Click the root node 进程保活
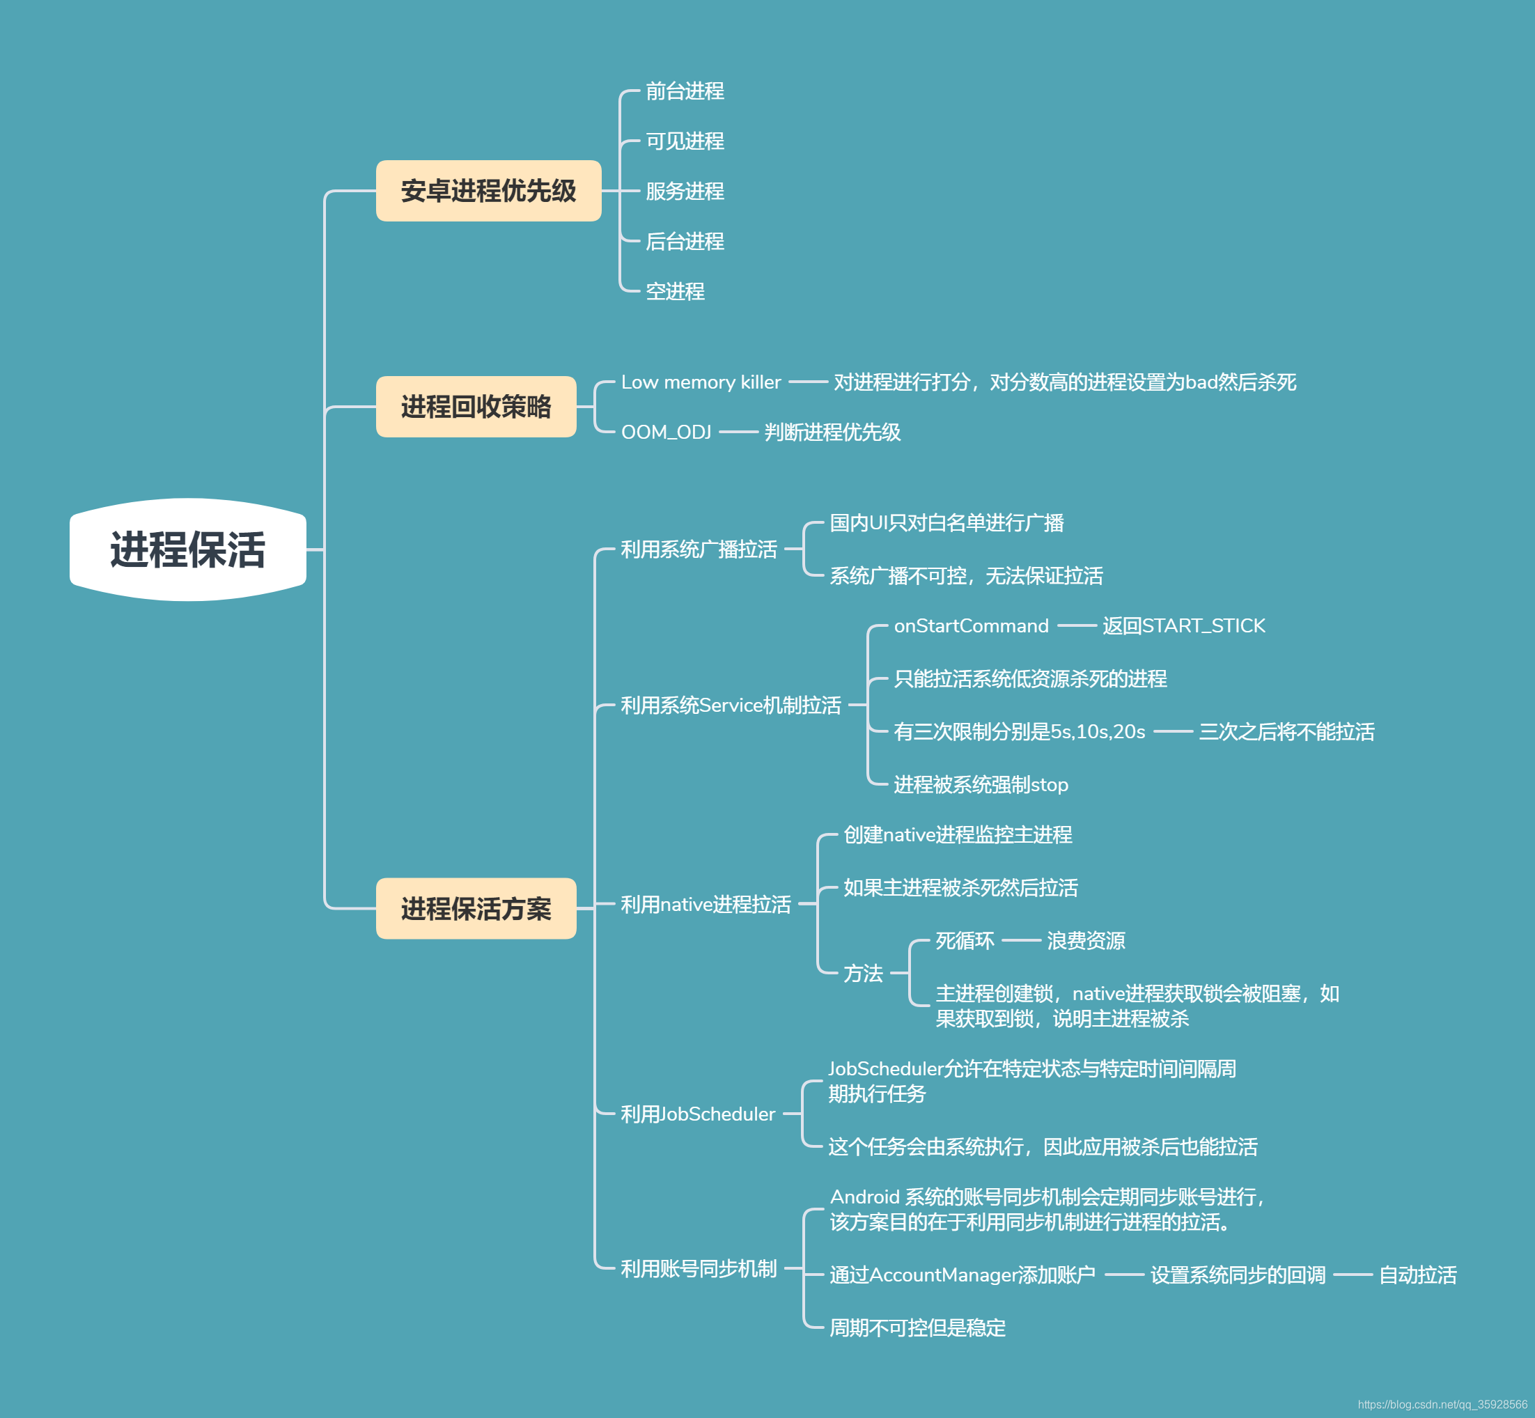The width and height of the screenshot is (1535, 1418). pyautogui.click(x=188, y=550)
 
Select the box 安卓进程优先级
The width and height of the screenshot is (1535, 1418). pyautogui.click(x=488, y=191)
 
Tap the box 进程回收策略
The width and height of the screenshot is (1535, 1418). pyautogui.click(x=476, y=407)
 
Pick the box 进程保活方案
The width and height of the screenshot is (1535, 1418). pyautogui.click(x=476, y=908)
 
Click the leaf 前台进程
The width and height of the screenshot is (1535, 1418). pyautogui.click(x=684, y=91)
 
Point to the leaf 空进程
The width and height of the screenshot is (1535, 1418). pyautogui.click(x=674, y=292)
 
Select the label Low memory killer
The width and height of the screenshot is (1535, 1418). pyautogui.click(x=701, y=382)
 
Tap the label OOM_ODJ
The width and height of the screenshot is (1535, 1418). pyautogui.click(x=666, y=432)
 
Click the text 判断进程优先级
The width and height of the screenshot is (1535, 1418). pyautogui.click(x=832, y=432)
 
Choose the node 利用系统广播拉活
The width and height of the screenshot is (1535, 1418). pyautogui.click(x=698, y=550)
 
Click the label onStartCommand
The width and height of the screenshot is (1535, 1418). pyautogui.click(x=970, y=626)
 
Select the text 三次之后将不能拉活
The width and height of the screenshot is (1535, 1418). pyautogui.click(x=1286, y=732)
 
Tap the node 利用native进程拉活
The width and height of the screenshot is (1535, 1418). pyautogui.click(x=705, y=905)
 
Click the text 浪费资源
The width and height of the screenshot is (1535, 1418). pyautogui.click(x=1086, y=941)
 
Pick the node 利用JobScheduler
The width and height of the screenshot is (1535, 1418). pyautogui.click(x=697, y=1114)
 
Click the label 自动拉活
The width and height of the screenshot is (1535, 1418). pyautogui.click(x=1417, y=1275)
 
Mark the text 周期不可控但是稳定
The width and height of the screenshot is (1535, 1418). pyautogui.click(x=917, y=1328)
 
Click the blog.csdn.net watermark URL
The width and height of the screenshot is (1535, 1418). pyautogui.click(x=1442, y=1405)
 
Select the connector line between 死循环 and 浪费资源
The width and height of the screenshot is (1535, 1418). pyautogui.click(x=1021, y=941)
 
